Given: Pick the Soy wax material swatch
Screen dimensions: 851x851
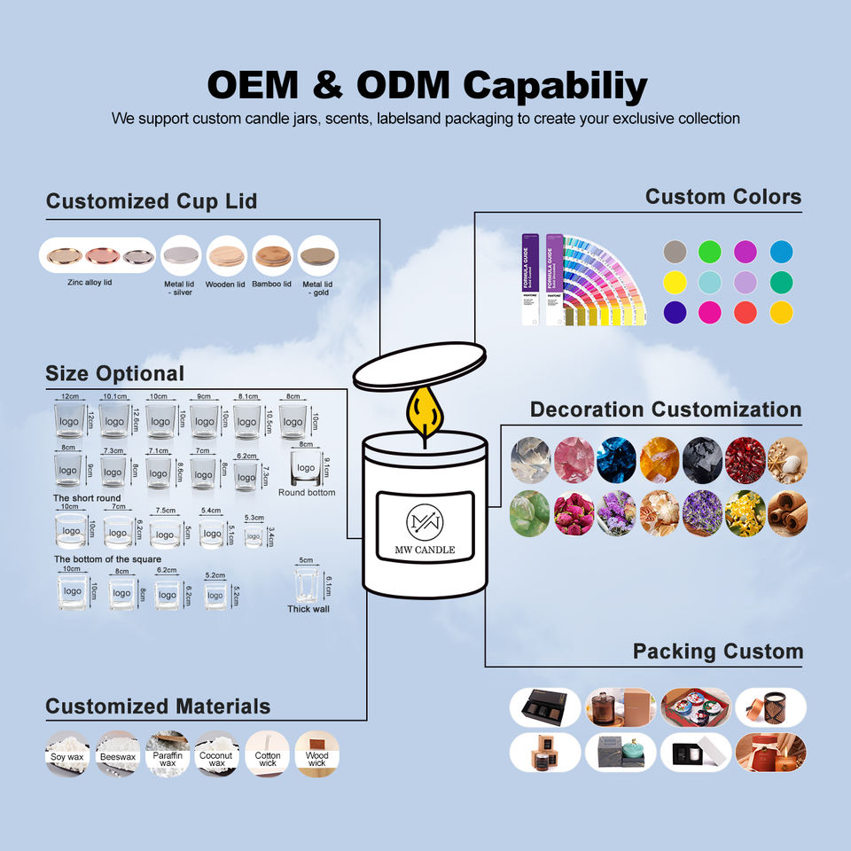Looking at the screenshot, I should pos(67,753).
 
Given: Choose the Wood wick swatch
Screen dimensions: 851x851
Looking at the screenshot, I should pos(316,753).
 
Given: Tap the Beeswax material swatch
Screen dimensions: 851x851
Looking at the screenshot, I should pos(117,753).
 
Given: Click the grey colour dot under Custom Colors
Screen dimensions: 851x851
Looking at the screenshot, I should pos(675,251).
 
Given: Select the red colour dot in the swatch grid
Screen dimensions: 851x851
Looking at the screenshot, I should pos(746,312).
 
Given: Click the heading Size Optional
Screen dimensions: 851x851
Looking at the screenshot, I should pos(114,373).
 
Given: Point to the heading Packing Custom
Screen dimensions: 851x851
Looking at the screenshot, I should pos(717,652).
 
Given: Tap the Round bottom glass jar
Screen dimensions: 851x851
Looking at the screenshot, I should pos(306,466).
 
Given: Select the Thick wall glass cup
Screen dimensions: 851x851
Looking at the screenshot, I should pos(307,585).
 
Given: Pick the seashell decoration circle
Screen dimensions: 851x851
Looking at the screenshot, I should pos(787,460).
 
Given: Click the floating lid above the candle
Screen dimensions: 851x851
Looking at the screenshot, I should pos(419,366).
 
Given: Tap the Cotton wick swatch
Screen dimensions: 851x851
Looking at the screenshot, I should pos(267,753).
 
